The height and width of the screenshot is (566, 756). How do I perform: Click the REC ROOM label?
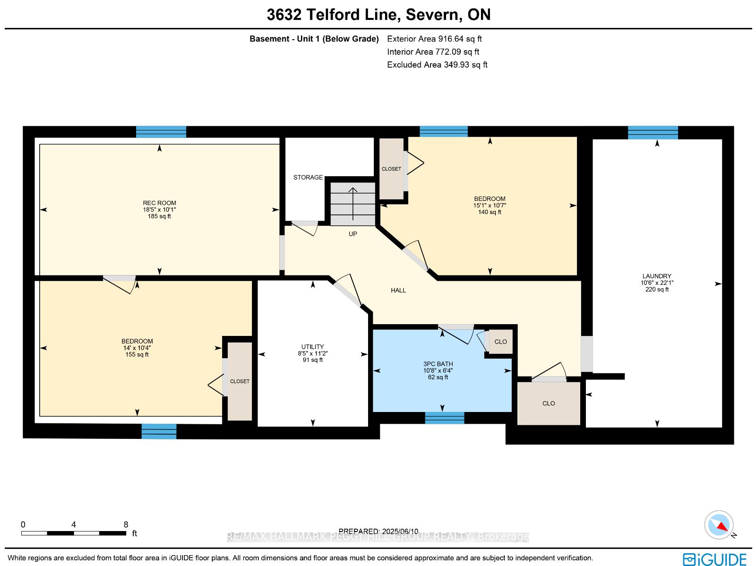coord(159,203)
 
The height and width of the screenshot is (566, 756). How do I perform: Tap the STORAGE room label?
coord(308,177)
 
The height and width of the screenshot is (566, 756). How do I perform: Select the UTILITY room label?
coord(312,347)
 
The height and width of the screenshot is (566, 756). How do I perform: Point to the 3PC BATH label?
coord(438,364)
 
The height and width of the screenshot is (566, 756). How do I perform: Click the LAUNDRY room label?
coord(657,276)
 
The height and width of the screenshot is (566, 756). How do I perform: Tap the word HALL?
coord(398,290)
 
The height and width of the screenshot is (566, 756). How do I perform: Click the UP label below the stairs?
coord(352,234)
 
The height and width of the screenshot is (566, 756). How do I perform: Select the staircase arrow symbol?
coord(352,204)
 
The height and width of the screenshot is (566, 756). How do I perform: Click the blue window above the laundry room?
coord(653,133)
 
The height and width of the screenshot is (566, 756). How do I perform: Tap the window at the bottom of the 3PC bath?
coord(444,418)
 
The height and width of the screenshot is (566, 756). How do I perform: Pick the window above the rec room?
coord(161,132)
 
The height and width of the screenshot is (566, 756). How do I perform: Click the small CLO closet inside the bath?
coord(500,342)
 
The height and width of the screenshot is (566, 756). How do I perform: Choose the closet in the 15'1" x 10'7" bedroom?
coord(391,169)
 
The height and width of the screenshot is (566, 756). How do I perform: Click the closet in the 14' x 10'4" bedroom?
coord(240,381)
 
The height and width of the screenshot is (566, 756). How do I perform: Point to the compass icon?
coord(719,525)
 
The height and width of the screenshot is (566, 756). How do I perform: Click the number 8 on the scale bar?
coord(126,524)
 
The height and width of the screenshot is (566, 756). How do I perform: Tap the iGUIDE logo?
coord(715,559)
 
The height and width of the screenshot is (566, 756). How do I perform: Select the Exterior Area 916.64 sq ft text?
coord(434,39)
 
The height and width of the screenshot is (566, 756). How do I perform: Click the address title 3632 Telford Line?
coord(334,15)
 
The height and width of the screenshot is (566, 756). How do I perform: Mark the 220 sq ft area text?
coord(657,290)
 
